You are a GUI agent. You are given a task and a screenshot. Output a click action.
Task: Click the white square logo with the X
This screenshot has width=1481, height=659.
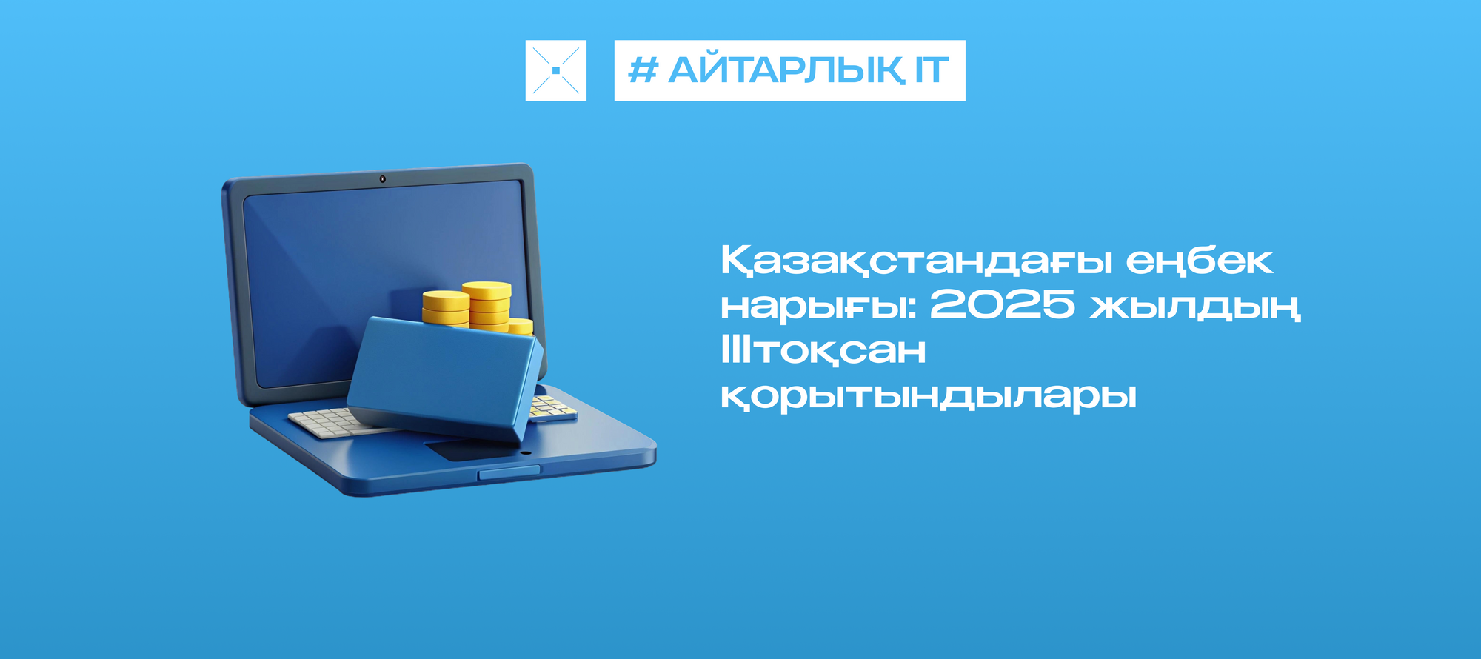click(x=555, y=70)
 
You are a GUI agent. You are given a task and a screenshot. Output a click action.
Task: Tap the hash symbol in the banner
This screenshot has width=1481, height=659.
click(x=643, y=70)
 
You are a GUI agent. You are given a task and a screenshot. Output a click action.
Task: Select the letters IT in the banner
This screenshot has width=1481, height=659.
click(x=932, y=70)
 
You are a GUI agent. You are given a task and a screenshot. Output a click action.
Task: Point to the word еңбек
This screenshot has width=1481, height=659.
click(x=1200, y=261)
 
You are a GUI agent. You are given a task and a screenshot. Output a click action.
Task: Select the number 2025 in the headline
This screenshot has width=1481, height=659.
click(x=1002, y=304)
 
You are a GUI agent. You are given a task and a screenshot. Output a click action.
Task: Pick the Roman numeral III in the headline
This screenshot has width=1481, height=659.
click(x=737, y=349)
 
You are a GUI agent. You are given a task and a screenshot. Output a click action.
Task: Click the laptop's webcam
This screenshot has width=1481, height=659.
click(x=382, y=179)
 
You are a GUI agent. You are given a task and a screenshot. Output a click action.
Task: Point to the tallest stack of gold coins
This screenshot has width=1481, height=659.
click(x=487, y=305)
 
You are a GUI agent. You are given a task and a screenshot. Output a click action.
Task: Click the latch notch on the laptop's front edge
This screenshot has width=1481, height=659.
click(x=509, y=472)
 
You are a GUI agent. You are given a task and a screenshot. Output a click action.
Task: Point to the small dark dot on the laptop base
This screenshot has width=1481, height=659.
click(x=526, y=452)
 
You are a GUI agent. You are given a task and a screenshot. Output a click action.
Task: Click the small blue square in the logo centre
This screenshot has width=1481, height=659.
click(x=555, y=70)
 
